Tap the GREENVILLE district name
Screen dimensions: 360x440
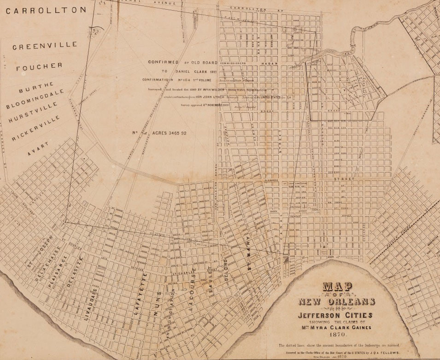38,47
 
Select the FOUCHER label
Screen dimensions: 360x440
39,67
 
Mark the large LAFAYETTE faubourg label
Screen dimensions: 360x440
141,293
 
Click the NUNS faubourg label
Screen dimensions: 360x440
158,302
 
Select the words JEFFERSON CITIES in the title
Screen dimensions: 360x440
337,315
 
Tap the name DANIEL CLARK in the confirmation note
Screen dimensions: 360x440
196,71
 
